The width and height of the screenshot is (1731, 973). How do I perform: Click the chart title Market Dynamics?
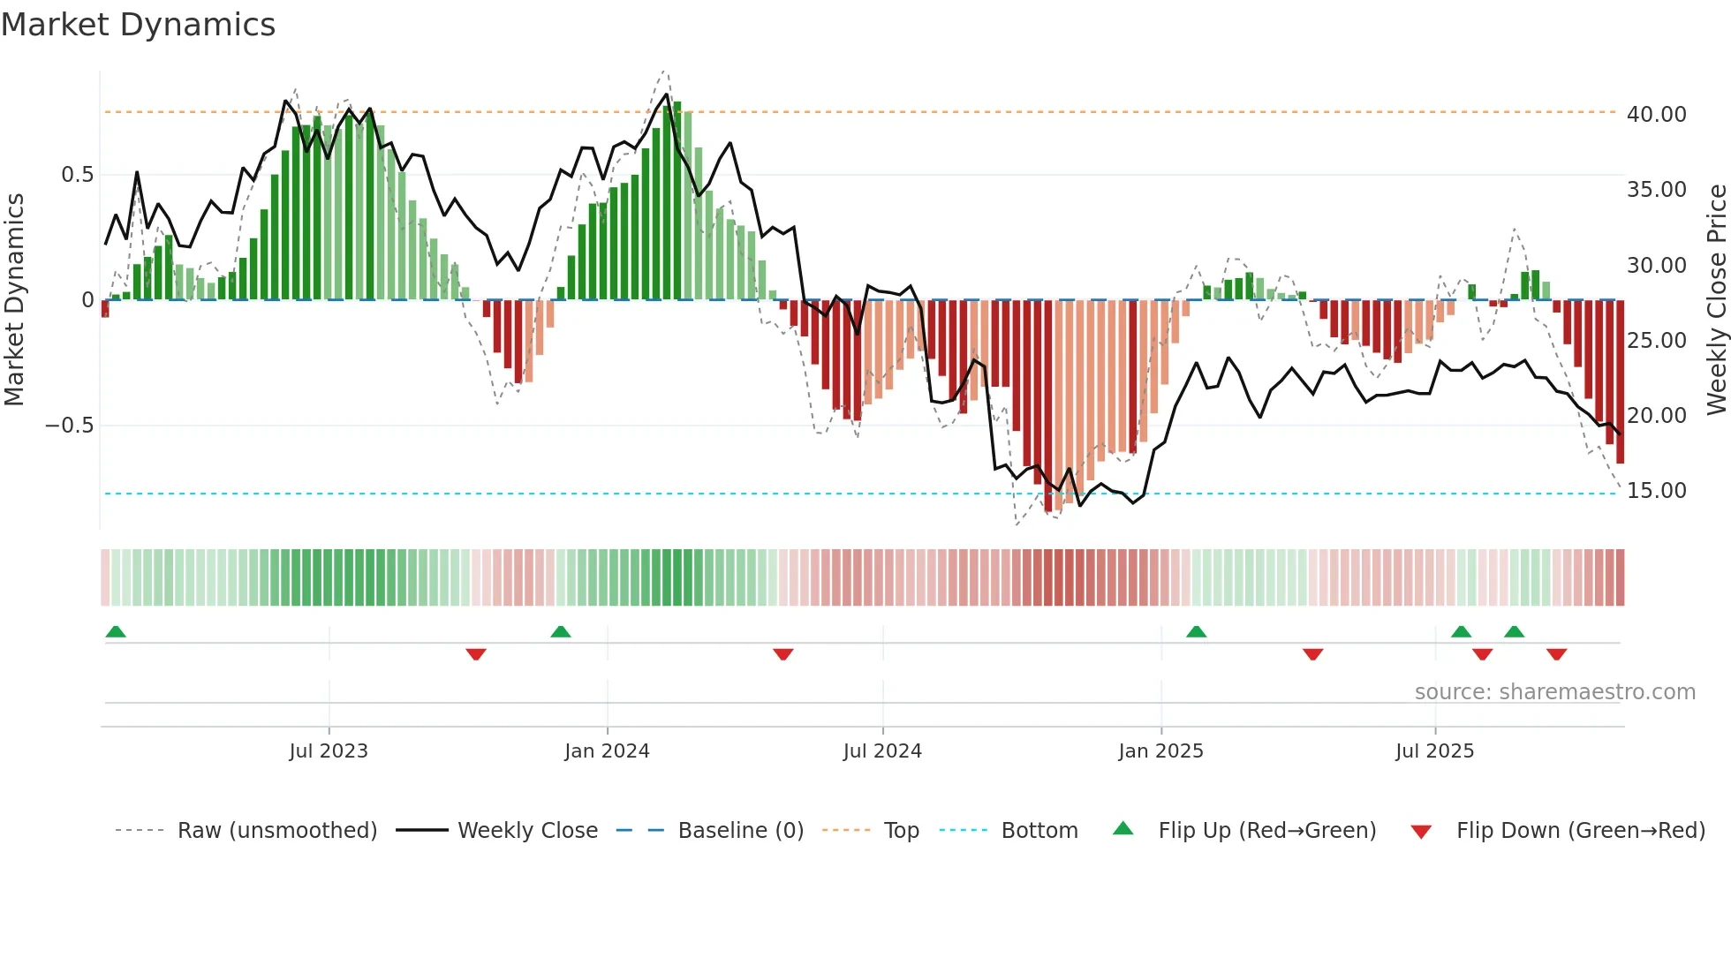point(138,25)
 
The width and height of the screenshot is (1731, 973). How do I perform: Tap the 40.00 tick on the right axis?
point(1656,115)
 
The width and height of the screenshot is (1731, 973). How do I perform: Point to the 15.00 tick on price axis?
point(1656,491)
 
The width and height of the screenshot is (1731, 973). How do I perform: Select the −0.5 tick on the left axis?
point(70,426)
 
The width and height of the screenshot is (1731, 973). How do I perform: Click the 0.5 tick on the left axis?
point(77,175)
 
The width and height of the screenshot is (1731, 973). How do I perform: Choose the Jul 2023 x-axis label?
point(329,751)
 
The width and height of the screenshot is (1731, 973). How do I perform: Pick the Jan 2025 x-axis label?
point(1160,751)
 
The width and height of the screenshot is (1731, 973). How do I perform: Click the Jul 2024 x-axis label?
point(882,751)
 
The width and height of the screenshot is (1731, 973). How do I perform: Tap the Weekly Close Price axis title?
point(1716,299)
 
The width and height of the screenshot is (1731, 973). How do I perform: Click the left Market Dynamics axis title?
point(14,299)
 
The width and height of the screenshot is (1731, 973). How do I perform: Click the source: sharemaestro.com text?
point(1554,692)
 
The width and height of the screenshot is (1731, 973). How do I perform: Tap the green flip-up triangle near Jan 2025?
point(1196,632)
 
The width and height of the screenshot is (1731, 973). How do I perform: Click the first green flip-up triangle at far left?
point(116,632)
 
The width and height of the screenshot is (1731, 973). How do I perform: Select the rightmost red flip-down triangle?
point(1556,654)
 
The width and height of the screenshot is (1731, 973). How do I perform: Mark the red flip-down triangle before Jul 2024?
point(782,654)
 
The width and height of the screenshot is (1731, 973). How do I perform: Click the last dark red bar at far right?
point(1620,381)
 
